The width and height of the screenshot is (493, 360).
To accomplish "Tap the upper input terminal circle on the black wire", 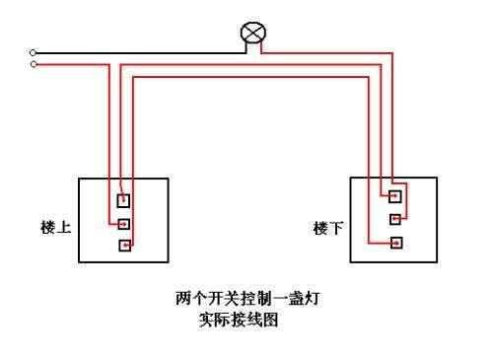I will pyautogui.click(x=34, y=52).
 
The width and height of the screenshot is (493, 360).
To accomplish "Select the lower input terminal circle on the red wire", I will pyautogui.click(x=34, y=64).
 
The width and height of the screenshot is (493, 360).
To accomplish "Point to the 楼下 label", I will pyautogui.click(x=328, y=228).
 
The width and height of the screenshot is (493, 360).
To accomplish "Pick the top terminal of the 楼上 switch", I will pyautogui.click(x=124, y=199).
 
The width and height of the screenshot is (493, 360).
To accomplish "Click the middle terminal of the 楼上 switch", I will pyautogui.click(x=124, y=223).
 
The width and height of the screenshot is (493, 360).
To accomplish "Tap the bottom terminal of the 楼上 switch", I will pyautogui.click(x=124, y=246).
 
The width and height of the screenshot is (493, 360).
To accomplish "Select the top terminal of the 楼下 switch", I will pyautogui.click(x=395, y=194).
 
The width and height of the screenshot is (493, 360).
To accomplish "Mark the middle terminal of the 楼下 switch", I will pyautogui.click(x=395, y=218).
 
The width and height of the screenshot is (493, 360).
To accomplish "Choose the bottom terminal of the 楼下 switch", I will pyautogui.click(x=395, y=242).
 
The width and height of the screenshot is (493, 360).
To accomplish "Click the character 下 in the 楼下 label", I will pyautogui.click(x=336, y=228).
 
